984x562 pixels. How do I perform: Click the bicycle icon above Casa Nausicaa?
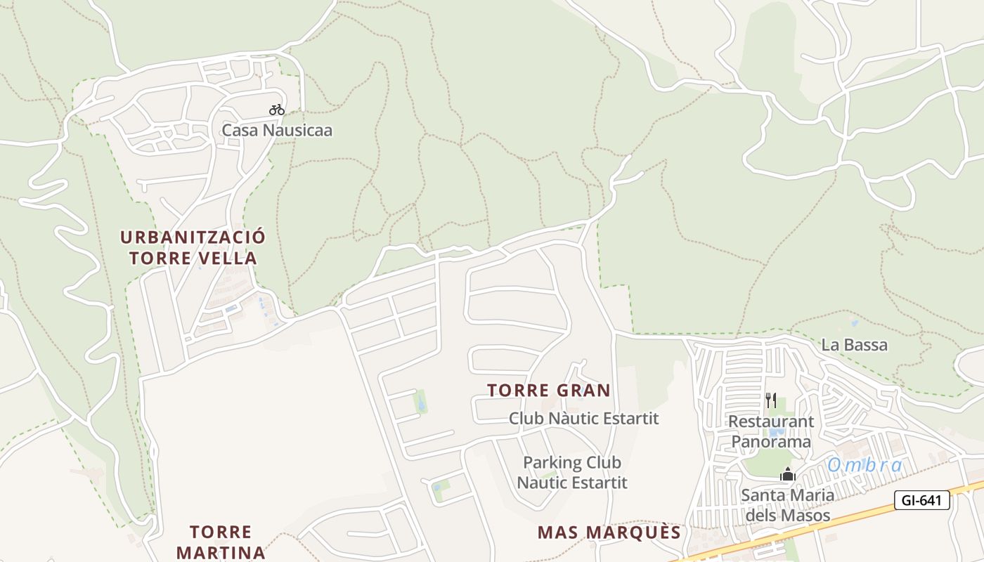[277, 110]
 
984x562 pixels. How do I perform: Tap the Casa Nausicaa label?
[277, 131]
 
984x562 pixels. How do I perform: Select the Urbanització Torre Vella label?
[193, 247]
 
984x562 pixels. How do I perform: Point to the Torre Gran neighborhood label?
[549, 391]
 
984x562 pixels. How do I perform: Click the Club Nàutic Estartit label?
[584, 419]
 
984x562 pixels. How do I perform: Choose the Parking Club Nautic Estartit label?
[572, 473]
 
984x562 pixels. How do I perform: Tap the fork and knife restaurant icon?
[771, 400]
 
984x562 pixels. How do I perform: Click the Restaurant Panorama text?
[771, 432]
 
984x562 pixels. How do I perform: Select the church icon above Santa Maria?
[788, 475]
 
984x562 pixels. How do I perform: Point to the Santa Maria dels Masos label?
[788, 505]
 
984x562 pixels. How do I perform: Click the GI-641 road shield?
[922, 500]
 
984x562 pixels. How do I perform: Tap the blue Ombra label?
[865, 465]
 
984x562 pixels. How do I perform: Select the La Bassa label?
[854, 346]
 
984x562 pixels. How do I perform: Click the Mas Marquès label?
[609, 532]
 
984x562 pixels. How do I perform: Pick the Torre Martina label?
[221, 542]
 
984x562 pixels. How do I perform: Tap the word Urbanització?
[193, 237]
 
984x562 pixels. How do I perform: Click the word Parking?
[551, 463]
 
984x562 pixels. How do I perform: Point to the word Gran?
[583, 391]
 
